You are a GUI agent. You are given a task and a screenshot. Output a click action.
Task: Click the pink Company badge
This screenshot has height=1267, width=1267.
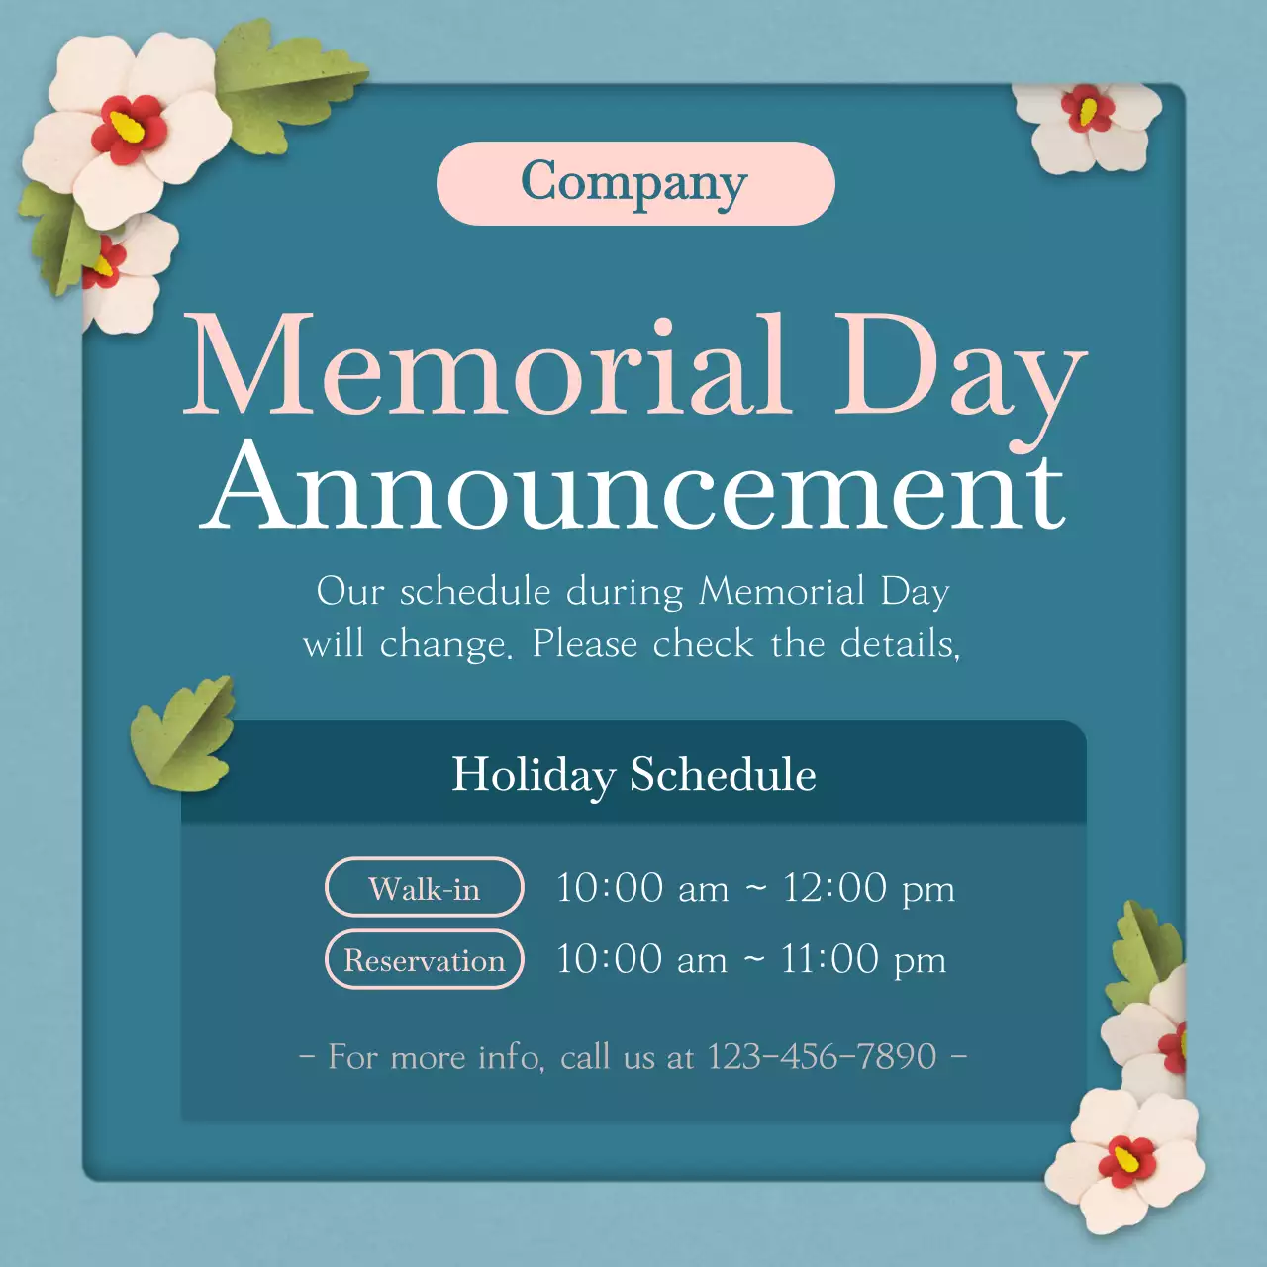coord(634,183)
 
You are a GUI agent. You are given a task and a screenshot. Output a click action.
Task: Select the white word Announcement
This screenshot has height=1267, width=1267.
coord(634,485)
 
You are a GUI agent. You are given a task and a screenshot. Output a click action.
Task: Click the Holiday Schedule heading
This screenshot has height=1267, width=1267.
coord(633,774)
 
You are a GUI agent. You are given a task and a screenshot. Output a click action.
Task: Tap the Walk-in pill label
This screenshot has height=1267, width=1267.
coord(424,888)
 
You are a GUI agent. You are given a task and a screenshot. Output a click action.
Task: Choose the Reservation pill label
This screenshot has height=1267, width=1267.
coord(424,959)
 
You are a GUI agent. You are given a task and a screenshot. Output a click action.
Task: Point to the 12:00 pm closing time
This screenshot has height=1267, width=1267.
coord(868,888)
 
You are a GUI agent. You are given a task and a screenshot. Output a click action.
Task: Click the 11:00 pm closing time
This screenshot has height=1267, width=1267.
coord(863,959)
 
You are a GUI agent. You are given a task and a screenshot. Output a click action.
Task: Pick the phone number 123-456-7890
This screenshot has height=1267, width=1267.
coord(822,1056)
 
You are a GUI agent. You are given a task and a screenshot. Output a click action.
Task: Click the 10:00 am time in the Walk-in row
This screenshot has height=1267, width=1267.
coord(641,888)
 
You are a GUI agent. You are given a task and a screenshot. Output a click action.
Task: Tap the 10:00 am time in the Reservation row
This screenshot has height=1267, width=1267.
coord(641,959)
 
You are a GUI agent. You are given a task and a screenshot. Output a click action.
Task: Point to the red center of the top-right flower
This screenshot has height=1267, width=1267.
coord(1088,109)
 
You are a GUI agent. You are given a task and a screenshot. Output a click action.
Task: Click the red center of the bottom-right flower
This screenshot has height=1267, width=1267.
coord(1127,1159)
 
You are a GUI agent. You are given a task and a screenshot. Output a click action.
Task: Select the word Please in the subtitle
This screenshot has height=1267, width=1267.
coord(585,644)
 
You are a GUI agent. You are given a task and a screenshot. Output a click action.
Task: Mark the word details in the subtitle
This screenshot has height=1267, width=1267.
coord(898,644)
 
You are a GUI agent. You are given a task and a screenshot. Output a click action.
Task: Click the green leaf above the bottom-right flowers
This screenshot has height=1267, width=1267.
coord(1148,950)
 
